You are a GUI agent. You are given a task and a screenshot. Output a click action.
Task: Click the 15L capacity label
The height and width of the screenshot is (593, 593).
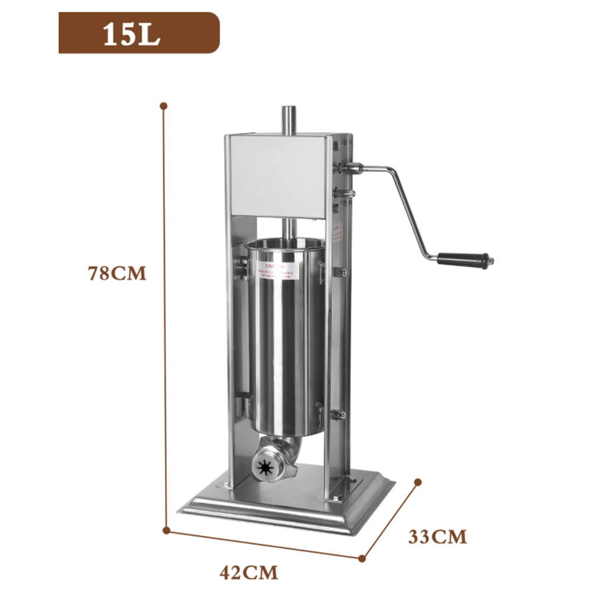tap(132, 34)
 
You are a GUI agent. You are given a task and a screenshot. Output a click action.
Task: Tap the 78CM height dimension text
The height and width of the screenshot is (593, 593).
tap(117, 274)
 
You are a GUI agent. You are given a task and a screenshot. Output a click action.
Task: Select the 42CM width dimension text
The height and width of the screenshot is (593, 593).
tap(248, 573)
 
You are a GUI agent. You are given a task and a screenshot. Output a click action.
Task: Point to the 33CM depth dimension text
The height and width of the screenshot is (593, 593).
tap(437, 537)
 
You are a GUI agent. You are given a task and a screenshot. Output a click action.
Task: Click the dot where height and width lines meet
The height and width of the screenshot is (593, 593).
tap(168, 530)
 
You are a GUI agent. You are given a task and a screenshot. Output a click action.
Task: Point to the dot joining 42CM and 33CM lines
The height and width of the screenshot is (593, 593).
tap(362, 558)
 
